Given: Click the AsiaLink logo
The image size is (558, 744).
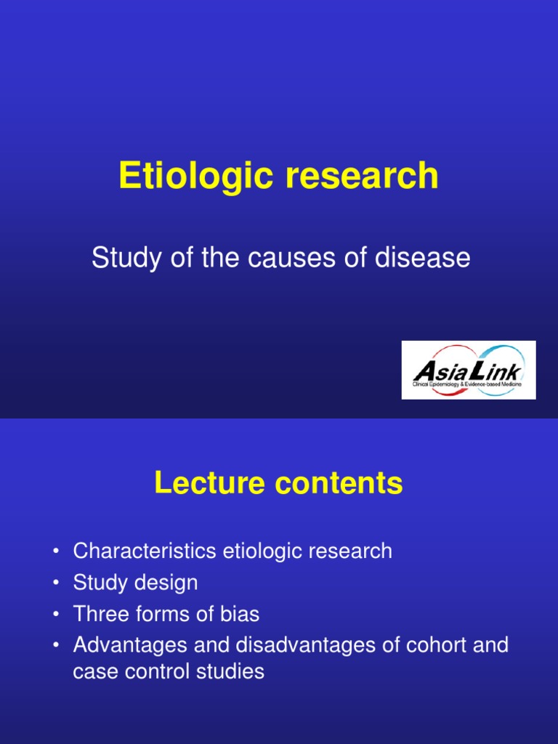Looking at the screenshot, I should tap(469, 371).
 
